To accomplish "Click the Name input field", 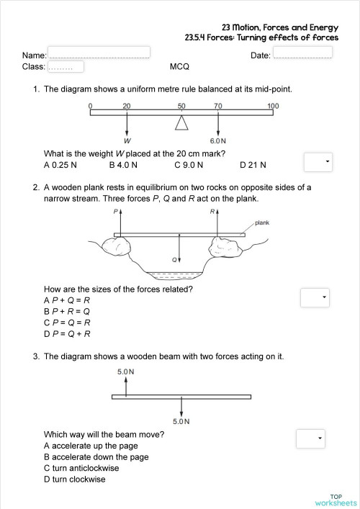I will [x=99, y=53].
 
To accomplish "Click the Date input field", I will [x=302, y=53].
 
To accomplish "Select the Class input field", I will [x=66, y=67].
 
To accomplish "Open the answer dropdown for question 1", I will [x=318, y=162].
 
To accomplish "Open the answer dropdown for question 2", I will [x=314, y=297].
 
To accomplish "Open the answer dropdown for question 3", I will [x=310, y=438].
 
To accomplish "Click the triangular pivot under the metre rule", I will [x=181, y=124].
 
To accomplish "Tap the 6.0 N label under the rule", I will [x=218, y=140].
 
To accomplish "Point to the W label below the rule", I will [x=127, y=140].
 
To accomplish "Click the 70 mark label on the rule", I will [x=218, y=107].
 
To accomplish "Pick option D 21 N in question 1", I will [x=253, y=165].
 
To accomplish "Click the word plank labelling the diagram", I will [x=262, y=222].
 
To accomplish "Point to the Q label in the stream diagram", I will [x=174, y=259].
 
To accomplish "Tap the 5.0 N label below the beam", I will [x=181, y=421].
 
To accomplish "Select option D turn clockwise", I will [x=74, y=479].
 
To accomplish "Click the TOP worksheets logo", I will [x=336, y=499].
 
